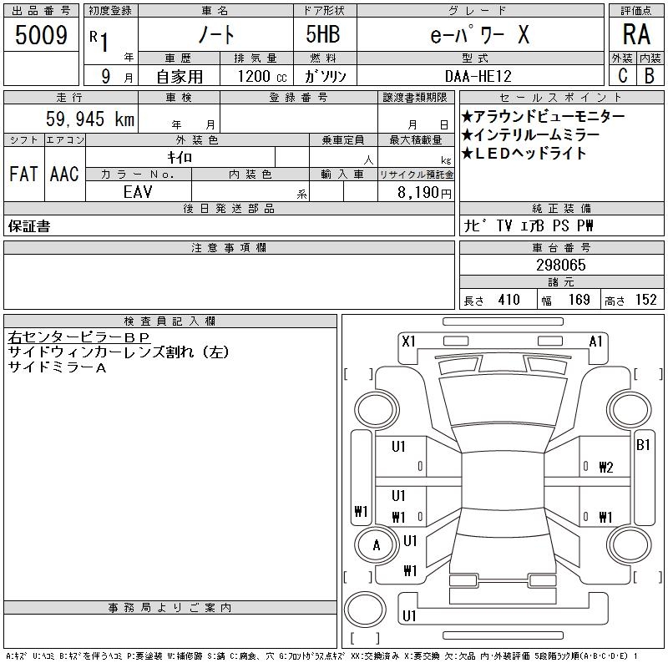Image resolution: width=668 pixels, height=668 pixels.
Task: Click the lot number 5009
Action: click(42, 35)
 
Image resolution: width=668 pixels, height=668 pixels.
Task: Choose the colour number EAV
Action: click(138, 191)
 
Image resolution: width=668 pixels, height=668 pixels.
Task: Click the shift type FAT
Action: click(24, 175)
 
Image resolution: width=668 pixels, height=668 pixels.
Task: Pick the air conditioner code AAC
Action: click(64, 175)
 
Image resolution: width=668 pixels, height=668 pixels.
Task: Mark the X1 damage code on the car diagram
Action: click(408, 341)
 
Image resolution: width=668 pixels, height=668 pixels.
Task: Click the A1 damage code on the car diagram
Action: click(596, 341)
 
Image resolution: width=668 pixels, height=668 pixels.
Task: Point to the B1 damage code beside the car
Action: click(643, 445)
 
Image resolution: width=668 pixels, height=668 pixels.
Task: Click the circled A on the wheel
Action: click(377, 546)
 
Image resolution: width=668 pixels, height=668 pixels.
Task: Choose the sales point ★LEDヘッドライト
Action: click(524, 153)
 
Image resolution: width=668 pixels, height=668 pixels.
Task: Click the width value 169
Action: click(579, 300)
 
